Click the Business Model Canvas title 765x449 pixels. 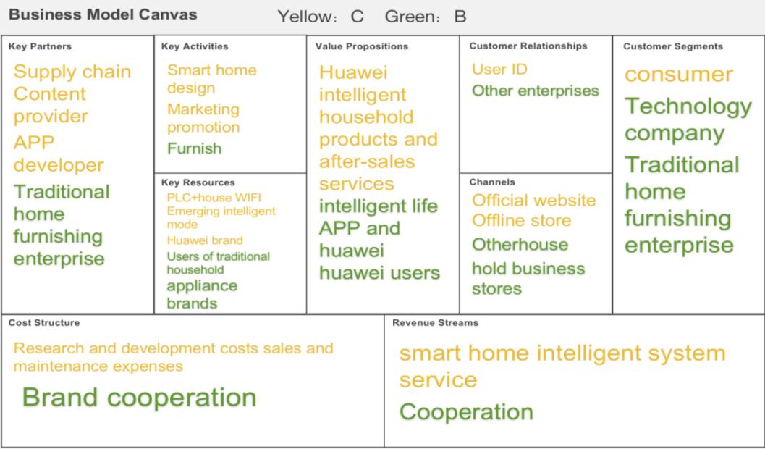coord(103,14)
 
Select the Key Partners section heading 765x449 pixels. coord(40,46)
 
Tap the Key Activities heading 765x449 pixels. coord(195,46)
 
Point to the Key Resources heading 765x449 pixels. coord(198,182)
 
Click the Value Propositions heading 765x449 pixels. coord(362,46)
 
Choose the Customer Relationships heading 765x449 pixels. coord(528,46)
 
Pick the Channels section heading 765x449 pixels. coord(492,182)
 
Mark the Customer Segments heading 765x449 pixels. coord(673,46)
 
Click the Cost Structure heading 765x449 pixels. coord(44,322)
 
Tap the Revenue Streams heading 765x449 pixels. coord(435,322)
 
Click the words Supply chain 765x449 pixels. coord(72,72)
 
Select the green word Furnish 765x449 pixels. coord(194,148)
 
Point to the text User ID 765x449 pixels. coord(499,69)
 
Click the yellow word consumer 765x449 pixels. coord(679,74)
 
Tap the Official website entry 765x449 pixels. coord(533,200)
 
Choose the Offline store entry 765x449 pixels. coord(521,220)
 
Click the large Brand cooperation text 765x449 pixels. coord(139,397)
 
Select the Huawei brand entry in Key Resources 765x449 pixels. coord(204,240)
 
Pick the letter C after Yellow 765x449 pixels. coord(357,17)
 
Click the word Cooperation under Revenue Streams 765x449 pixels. coord(466,412)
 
